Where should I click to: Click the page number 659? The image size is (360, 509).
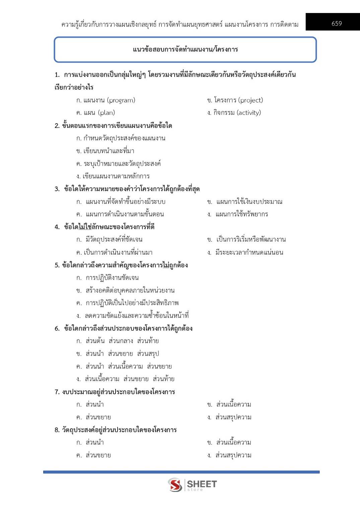(x=337, y=23)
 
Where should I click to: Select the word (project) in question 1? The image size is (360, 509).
(x=249, y=100)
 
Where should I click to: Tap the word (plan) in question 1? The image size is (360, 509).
(x=106, y=113)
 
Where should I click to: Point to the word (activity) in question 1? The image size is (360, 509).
(x=248, y=113)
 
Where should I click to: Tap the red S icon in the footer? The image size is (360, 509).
(x=175, y=485)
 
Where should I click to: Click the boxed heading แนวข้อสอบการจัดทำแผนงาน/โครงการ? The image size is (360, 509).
(x=185, y=50)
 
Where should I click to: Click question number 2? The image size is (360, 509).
(x=57, y=126)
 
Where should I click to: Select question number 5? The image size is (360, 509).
(x=57, y=265)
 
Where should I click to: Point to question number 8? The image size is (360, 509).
(x=57, y=430)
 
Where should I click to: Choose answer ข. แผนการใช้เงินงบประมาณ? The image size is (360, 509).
(x=245, y=202)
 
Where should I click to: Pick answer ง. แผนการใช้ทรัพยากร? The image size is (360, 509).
(x=238, y=214)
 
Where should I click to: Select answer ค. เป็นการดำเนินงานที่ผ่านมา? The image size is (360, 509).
(x=115, y=252)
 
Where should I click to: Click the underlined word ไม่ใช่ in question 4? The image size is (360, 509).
(x=85, y=227)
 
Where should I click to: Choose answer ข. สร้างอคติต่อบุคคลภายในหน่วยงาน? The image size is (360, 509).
(x=126, y=290)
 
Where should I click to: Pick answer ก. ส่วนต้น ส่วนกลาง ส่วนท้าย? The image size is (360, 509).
(x=118, y=341)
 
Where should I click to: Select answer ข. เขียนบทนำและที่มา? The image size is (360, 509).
(x=105, y=151)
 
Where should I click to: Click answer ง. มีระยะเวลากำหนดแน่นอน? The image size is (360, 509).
(x=245, y=252)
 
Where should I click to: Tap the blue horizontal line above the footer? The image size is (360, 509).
(x=181, y=472)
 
